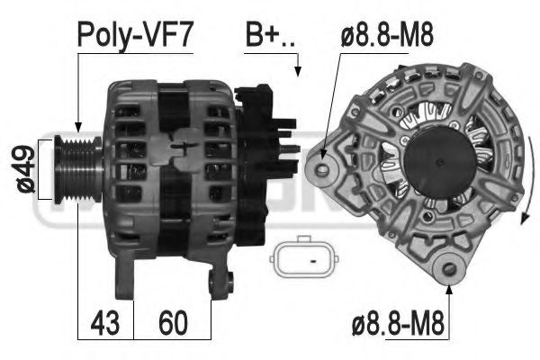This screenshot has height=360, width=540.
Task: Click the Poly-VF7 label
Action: pyautogui.click(x=134, y=34)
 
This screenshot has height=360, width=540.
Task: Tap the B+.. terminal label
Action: pyautogui.click(x=270, y=35)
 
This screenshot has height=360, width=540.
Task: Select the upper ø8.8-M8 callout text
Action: pyautogui.click(x=387, y=35)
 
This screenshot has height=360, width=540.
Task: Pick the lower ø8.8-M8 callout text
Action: pyautogui.click(x=398, y=323)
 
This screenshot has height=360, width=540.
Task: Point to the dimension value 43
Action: pyautogui.click(x=105, y=323)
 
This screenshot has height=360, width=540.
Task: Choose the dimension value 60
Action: pyautogui.click(x=173, y=323)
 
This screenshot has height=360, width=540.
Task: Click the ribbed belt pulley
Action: pyautogui.click(x=78, y=169)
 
